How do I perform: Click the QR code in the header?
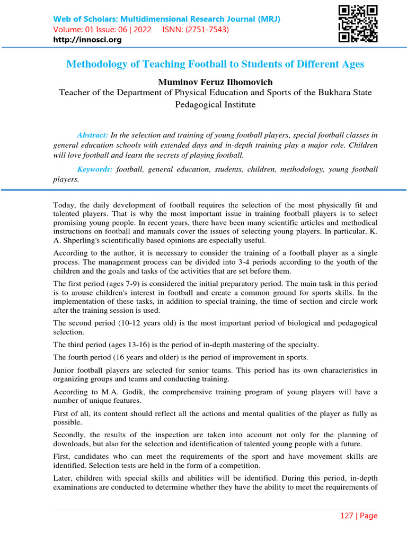(358, 24)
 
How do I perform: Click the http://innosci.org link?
(87, 40)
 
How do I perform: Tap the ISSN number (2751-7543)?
(210, 30)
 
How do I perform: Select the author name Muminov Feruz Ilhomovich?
(215, 82)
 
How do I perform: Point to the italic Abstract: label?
(92, 135)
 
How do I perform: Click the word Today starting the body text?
(64, 205)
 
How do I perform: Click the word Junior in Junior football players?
(65, 370)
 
